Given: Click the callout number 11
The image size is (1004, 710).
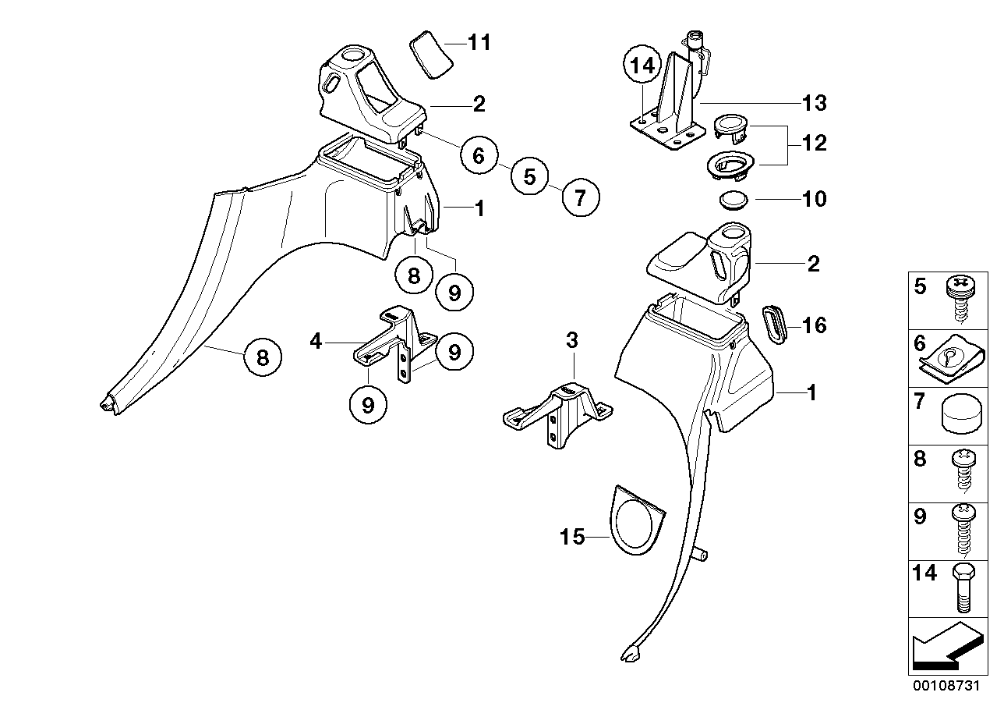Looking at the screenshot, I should [479, 42].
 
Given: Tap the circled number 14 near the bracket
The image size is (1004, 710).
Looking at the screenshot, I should [643, 66].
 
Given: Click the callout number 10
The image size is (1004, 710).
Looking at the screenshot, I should [814, 199].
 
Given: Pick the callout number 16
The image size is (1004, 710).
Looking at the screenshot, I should [814, 325].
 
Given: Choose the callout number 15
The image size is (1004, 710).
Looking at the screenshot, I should [573, 538].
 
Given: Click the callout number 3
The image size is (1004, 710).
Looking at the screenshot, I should [572, 341].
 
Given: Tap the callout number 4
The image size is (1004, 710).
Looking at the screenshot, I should [315, 341].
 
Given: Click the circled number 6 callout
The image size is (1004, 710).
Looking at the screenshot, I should [478, 156].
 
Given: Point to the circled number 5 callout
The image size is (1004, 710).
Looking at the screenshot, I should [529, 177].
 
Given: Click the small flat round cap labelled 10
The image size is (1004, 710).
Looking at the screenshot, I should [734, 199].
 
